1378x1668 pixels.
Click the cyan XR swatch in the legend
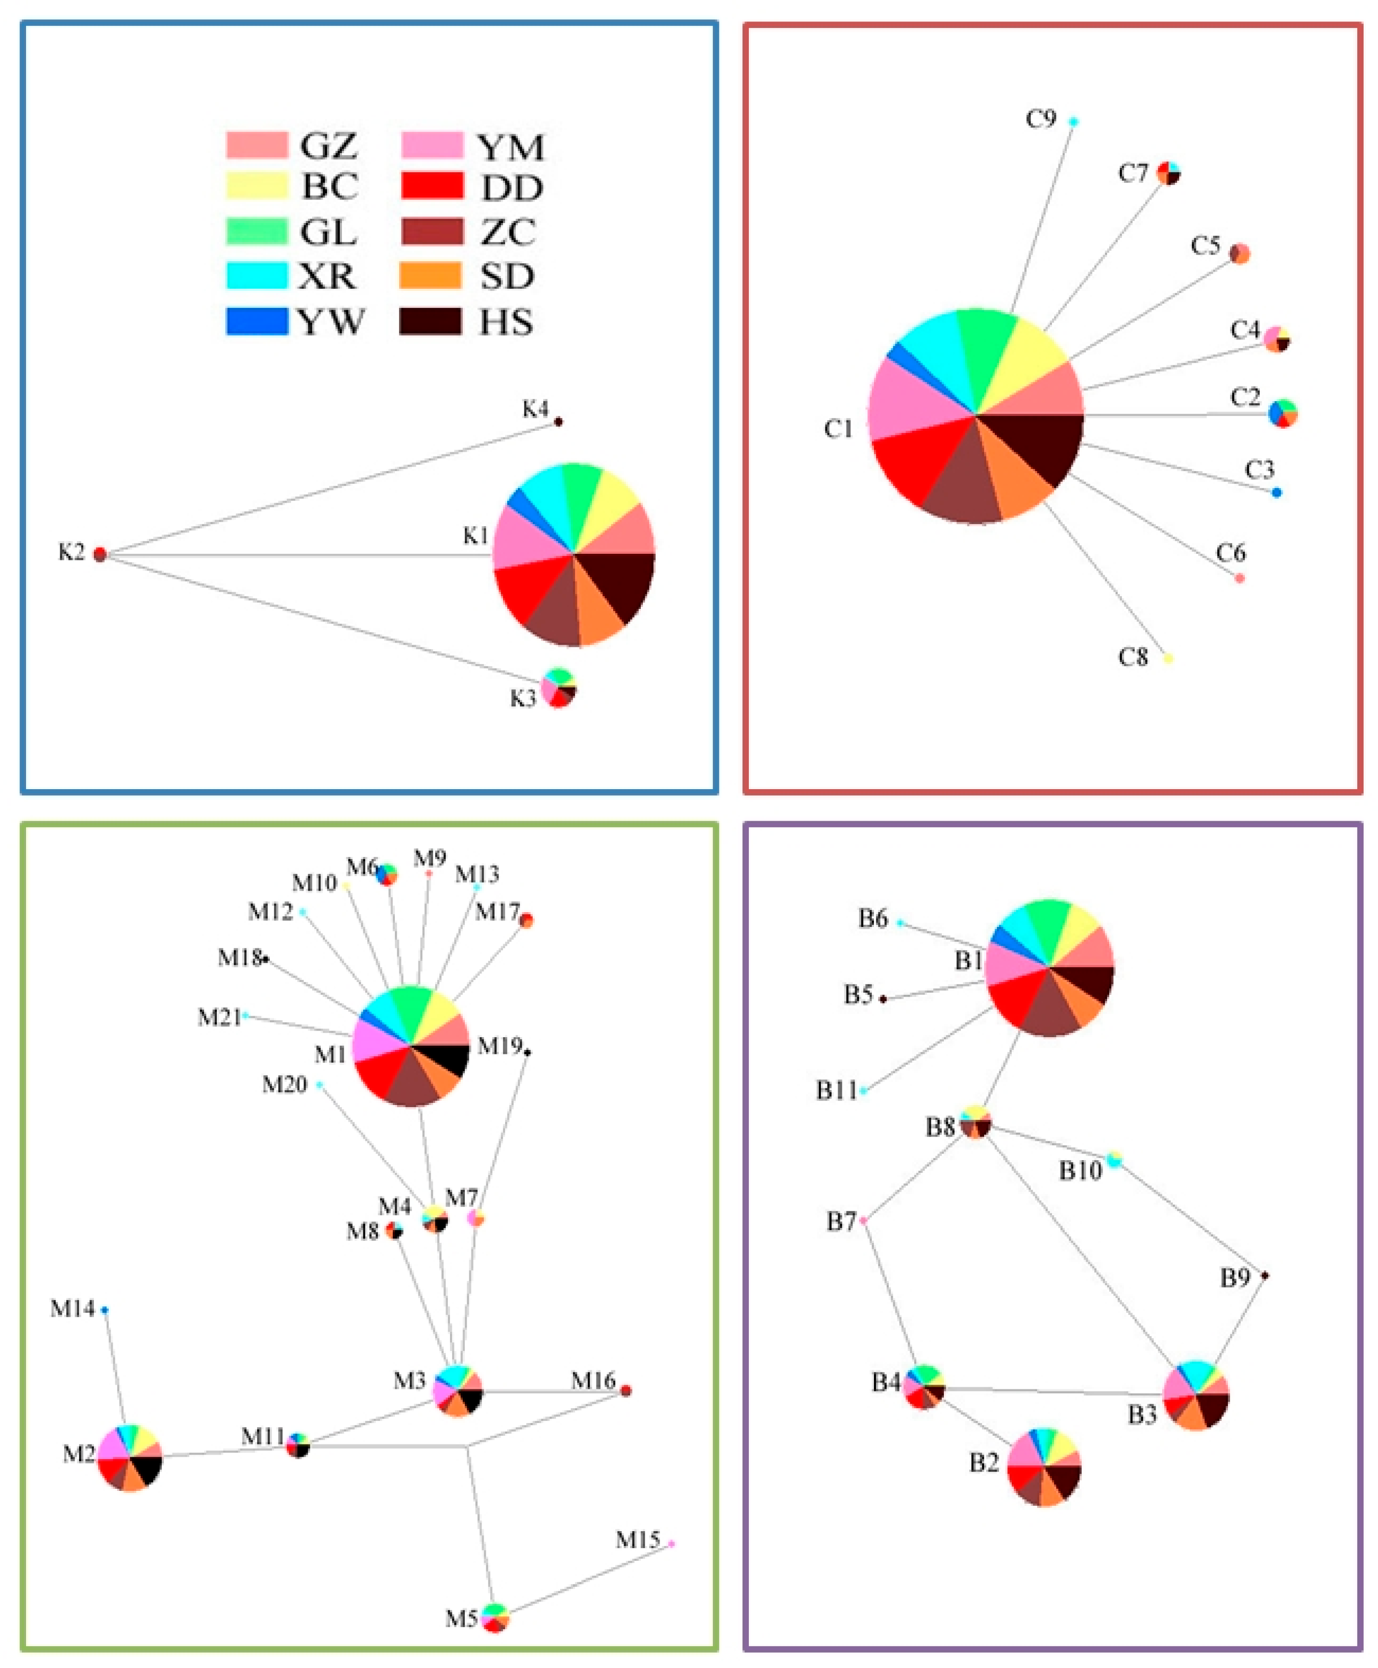click(257, 276)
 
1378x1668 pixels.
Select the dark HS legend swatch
click(430, 322)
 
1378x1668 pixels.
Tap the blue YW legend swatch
click(257, 322)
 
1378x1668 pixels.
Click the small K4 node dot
click(558, 422)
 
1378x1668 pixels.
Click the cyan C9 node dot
click(1073, 121)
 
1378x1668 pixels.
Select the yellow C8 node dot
click(1168, 658)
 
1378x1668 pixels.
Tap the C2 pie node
click(1283, 413)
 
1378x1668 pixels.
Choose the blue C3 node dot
click(1276, 492)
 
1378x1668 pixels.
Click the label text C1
click(838, 429)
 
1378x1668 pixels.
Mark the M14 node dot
click(105, 1310)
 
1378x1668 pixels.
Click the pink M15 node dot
click(671, 1543)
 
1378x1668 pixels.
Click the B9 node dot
click(1265, 1275)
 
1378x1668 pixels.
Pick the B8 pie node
click(975, 1122)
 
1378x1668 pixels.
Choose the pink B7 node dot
click(863, 1220)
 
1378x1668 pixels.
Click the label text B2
click(984, 1462)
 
